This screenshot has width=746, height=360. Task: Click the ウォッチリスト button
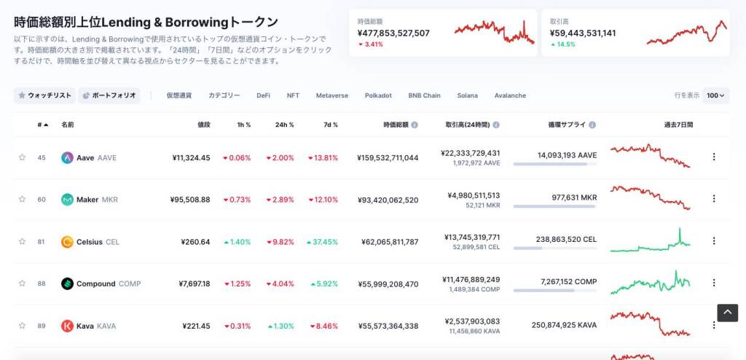44,95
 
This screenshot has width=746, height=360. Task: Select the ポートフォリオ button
109,95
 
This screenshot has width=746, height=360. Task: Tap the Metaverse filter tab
331,95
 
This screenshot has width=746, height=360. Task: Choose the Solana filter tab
467,95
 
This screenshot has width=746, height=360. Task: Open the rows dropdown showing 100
715,95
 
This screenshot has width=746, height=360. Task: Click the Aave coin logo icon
67,157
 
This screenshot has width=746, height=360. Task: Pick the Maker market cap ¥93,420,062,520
388,200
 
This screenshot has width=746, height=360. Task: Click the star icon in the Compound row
22,283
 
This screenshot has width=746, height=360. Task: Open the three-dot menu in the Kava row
713,325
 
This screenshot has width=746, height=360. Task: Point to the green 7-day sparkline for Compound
650,283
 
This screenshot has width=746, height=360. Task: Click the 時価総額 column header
396,125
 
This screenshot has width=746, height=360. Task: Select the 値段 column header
203,125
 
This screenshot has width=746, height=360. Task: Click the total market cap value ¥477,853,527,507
393,33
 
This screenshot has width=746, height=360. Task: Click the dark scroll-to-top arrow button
727,313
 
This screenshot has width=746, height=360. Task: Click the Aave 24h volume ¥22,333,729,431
471,153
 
